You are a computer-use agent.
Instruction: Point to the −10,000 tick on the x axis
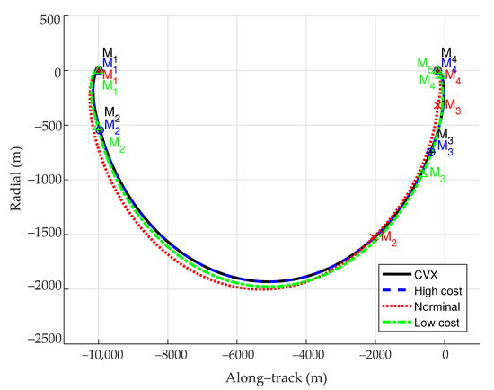tap(100, 357)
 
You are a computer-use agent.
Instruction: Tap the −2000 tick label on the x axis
tap(374, 357)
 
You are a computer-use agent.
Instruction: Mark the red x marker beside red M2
tap(374, 236)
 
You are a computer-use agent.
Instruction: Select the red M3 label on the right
tap(453, 110)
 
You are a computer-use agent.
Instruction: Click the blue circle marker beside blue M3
tap(431, 152)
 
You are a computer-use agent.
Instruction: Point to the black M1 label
tap(110, 54)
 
